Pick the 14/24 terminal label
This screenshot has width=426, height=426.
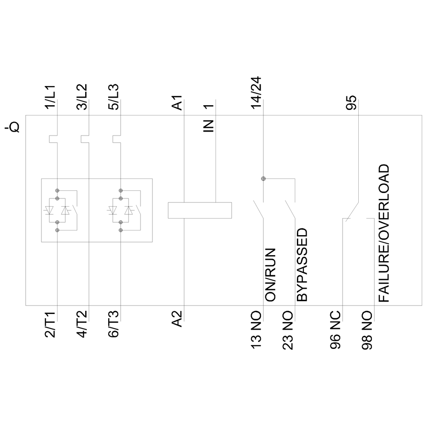pos(256,93)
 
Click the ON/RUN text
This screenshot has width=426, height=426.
pos(271,275)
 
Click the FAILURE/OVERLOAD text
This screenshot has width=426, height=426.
pos(384,233)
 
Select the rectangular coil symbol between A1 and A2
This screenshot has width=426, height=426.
pos(200,211)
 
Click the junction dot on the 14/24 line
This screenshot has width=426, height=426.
pos(263,179)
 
